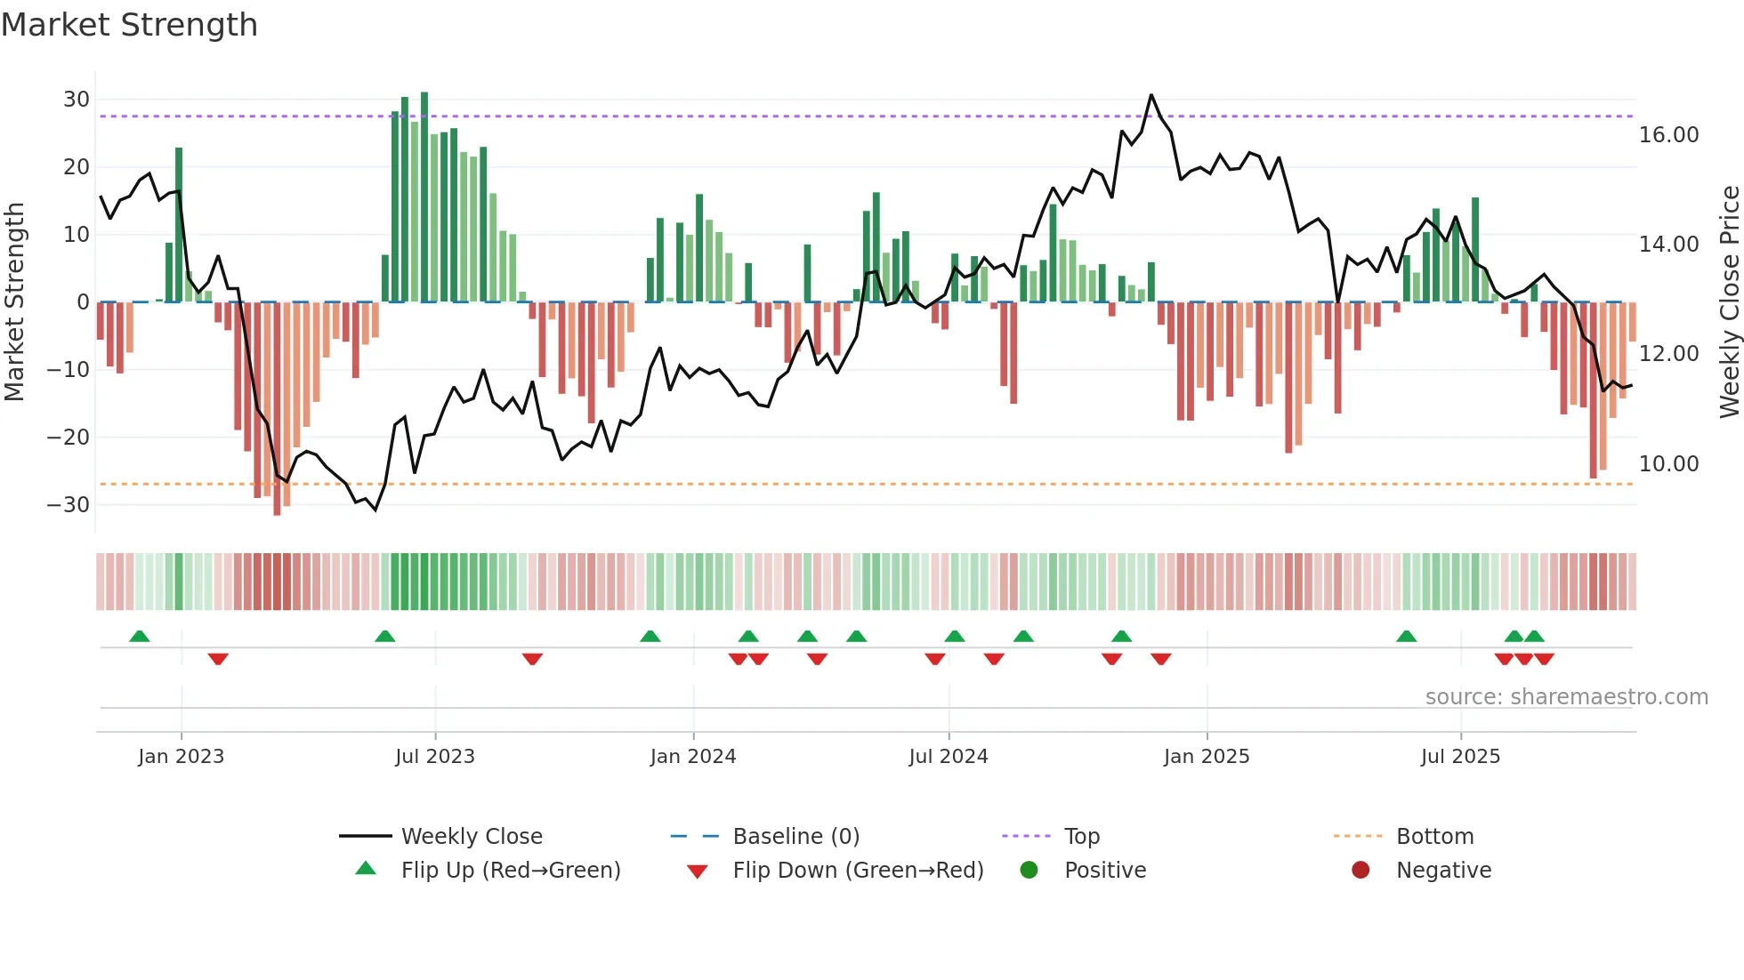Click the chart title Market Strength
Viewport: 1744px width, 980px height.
click(x=129, y=25)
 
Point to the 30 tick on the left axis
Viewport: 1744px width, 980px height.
click(x=76, y=100)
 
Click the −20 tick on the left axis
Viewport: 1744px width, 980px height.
click(x=69, y=437)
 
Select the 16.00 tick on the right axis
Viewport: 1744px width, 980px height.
click(x=1668, y=135)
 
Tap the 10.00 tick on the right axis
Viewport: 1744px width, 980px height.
click(x=1668, y=463)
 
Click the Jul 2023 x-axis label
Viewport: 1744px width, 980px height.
click(x=435, y=757)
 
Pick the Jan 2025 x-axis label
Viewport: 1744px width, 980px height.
click(x=1206, y=757)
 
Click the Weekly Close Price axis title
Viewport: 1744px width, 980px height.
click(x=1729, y=302)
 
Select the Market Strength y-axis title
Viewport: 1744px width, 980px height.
click(x=14, y=302)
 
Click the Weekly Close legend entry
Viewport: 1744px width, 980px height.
click(x=471, y=837)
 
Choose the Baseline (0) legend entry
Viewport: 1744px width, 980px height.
click(x=795, y=837)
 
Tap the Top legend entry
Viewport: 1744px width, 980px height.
click(x=1081, y=837)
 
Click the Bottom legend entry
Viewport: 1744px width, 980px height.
click(x=1434, y=837)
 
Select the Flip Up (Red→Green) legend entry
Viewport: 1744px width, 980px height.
click(x=510, y=871)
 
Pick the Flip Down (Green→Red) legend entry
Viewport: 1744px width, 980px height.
click(x=857, y=871)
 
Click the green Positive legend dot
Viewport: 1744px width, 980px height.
click(x=1029, y=871)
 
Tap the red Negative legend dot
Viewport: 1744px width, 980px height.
click(x=1360, y=871)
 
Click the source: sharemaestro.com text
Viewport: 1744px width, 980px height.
click(x=1566, y=697)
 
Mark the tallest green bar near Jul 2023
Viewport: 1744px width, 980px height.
click(x=424, y=196)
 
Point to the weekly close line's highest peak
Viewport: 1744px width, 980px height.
click(x=1151, y=95)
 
